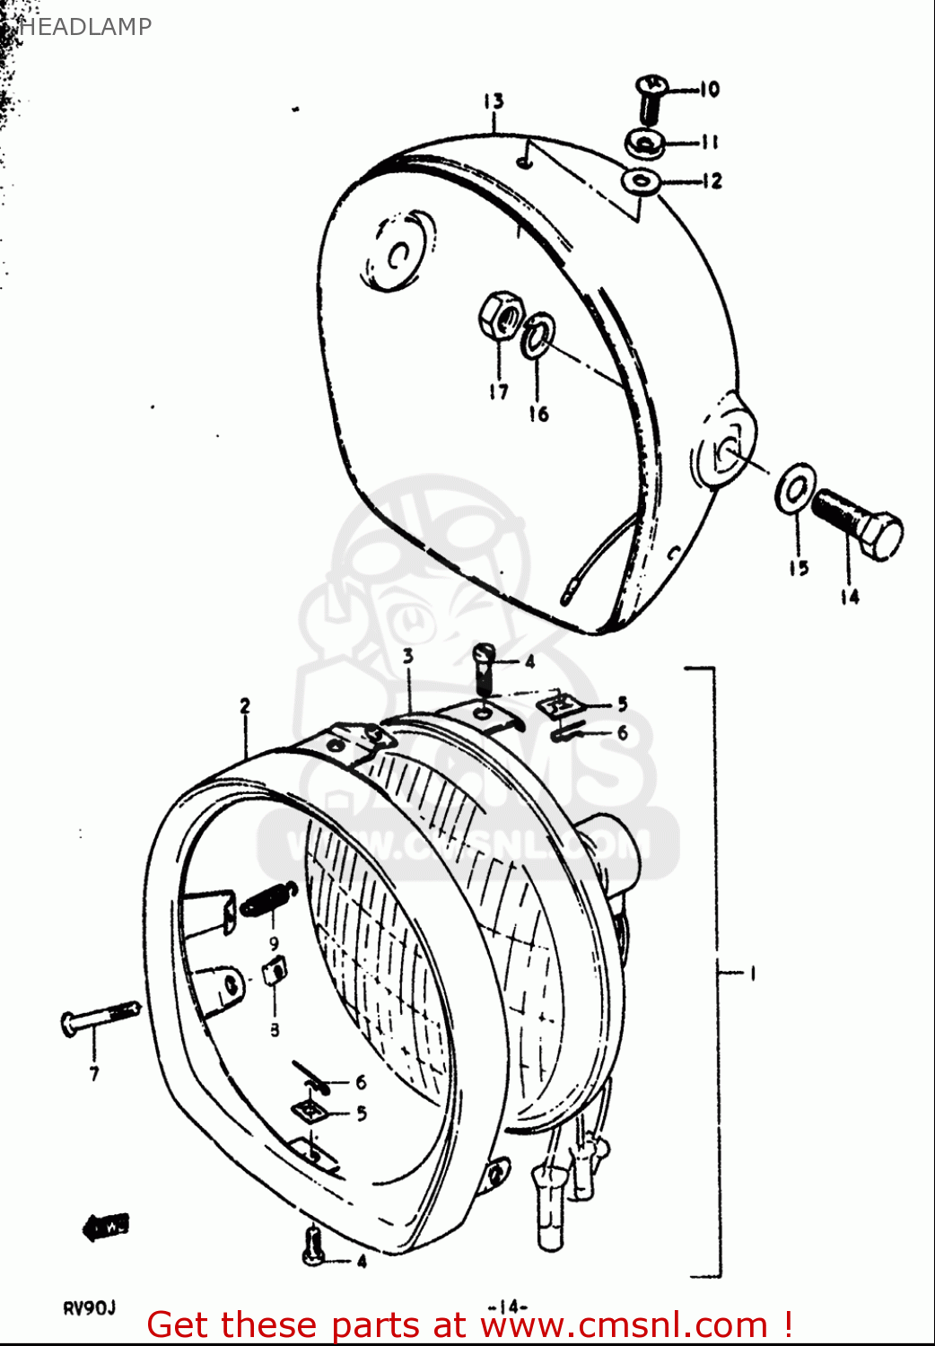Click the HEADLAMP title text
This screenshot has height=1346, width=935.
[x=84, y=27]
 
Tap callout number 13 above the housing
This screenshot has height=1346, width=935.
[x=494, y=101]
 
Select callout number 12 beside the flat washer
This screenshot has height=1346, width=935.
[x=712, y=181]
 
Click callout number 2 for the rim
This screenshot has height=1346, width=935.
[x=245, y=706]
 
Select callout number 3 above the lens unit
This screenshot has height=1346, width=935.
[x=408, y=656]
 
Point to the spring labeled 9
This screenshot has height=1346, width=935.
[x=267, y=898]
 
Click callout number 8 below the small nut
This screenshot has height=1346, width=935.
[x=275, y=1030]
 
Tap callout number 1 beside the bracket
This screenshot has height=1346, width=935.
[x=752, y=973]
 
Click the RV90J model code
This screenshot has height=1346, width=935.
[x=89, y=1307]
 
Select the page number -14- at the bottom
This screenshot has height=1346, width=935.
[x=507, y=1306]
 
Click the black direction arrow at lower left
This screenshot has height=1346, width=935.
[x=106, y=1226]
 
